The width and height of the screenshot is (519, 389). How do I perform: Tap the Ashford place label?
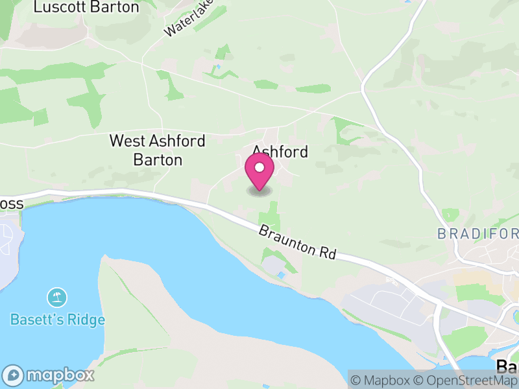tap(280, 151)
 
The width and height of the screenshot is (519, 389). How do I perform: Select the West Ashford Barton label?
tap(157, 150)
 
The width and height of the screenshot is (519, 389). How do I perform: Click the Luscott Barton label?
tap(86, 8)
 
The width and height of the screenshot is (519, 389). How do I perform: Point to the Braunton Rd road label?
tap(297, 242)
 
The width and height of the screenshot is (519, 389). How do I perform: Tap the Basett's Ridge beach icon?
tap(57, 298)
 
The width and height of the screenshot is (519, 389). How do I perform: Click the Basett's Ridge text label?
tap(57, 320)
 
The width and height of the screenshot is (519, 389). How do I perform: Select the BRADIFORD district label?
tap(478, 233)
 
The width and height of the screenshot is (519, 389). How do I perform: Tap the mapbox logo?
tap(49, 375)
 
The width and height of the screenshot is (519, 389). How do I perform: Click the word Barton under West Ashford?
tap(158, 159)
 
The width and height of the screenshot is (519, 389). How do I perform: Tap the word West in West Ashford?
tap(126, 141)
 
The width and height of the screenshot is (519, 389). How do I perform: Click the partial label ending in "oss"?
tap(12, 204)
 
